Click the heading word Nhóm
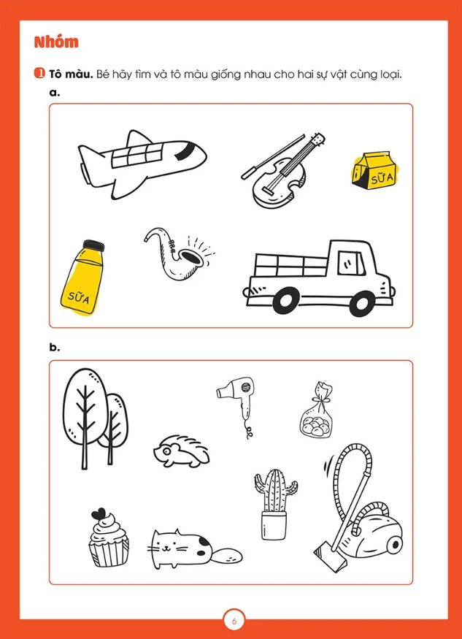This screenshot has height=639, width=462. tap(56, 42)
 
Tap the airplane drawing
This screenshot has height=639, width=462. tap(142, 164)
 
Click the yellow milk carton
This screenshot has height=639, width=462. tap(374, 171)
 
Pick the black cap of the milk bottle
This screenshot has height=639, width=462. tap(93, 245)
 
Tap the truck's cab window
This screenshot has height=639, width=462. tap(351, 263)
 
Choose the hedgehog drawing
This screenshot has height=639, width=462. tap(182, 451)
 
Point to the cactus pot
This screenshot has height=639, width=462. tap(274, 525)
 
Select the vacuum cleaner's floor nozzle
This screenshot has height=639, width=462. tap(331, 556)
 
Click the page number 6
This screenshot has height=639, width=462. tap(234, 621)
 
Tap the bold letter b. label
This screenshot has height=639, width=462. tap(55, 348)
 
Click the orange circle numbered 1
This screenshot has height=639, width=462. tap(39, 73)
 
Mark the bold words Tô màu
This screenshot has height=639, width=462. tap(71, 74)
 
